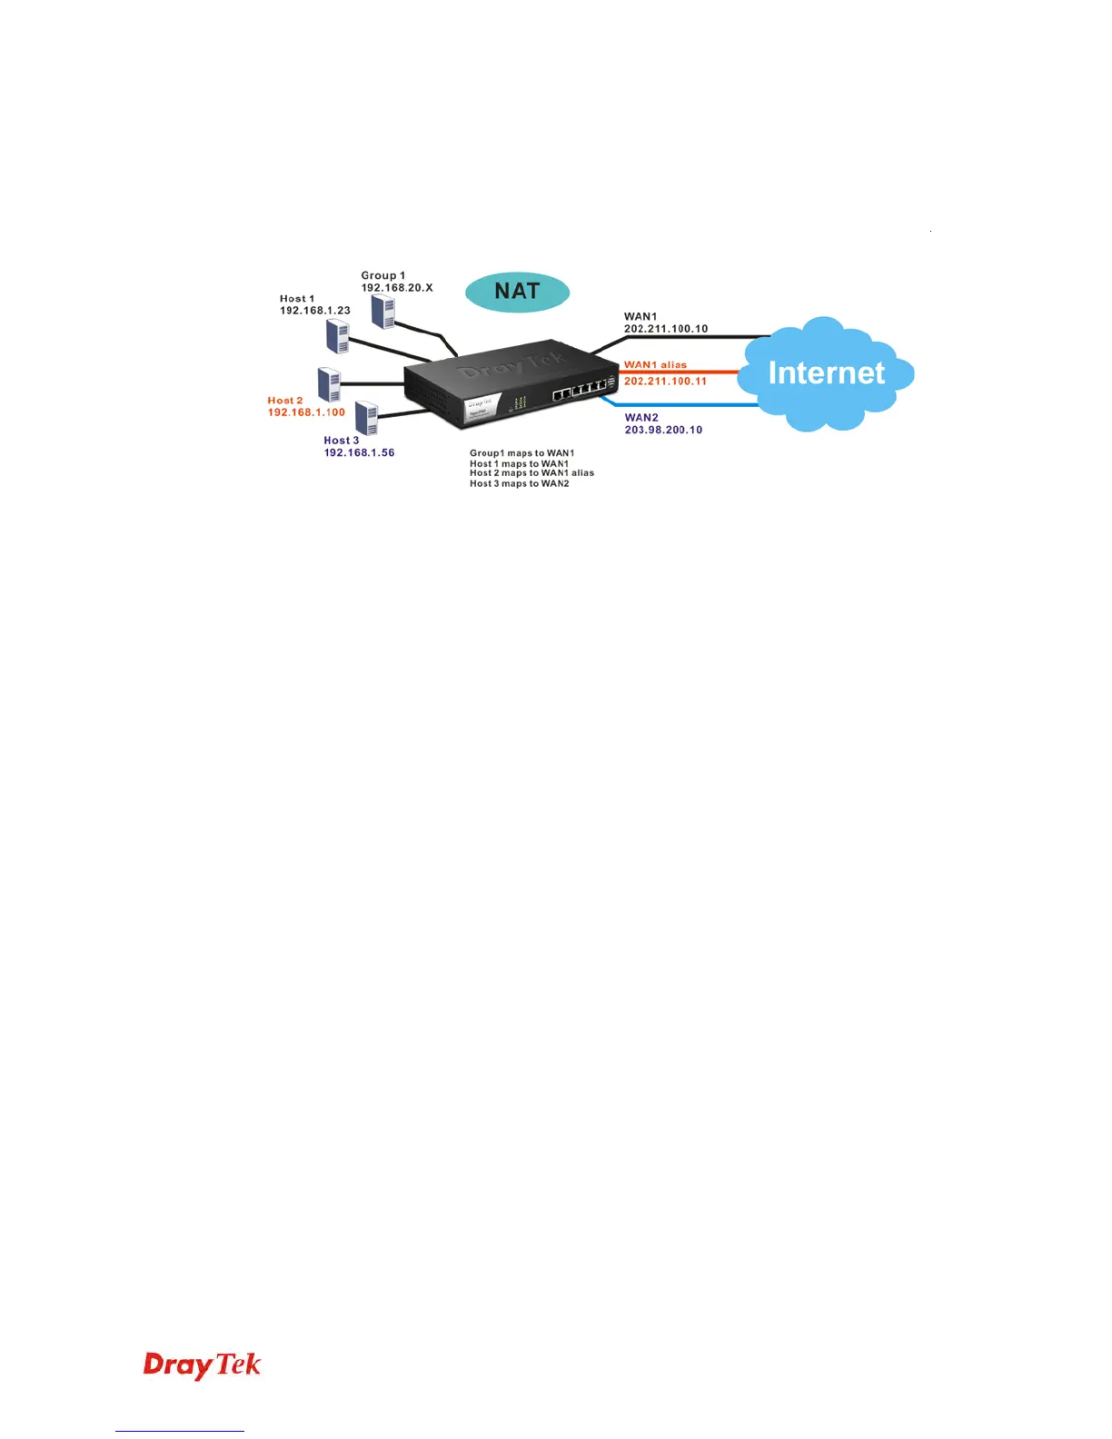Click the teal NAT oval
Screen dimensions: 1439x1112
point(517,292)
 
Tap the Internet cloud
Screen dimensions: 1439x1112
point(826,373)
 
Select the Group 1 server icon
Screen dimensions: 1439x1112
point(383,311)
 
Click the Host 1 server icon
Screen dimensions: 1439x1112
point(338,336)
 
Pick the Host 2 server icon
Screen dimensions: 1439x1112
point(329,384)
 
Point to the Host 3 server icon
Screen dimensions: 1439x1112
point(366,418)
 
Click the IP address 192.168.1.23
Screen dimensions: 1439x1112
point(314,311)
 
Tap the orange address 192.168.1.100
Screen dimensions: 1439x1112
point(306,412)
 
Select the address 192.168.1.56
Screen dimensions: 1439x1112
point(359,452)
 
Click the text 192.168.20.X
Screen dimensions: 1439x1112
point(397,288)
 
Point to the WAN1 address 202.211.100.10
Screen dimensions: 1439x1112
point(665,329)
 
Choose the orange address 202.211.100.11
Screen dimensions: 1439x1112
point(665,382)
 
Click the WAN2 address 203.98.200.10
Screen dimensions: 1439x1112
point(663,430)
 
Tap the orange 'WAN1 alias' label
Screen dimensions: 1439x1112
point(655,365)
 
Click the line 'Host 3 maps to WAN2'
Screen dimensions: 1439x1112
point(519,484)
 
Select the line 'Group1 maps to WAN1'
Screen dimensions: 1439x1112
point(521,453)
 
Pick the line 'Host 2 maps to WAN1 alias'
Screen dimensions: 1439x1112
point(531,473)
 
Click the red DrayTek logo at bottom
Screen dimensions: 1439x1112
point(202,1365)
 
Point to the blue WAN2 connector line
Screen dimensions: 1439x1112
point(681,405)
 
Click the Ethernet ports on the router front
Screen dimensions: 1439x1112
point(579,391)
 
